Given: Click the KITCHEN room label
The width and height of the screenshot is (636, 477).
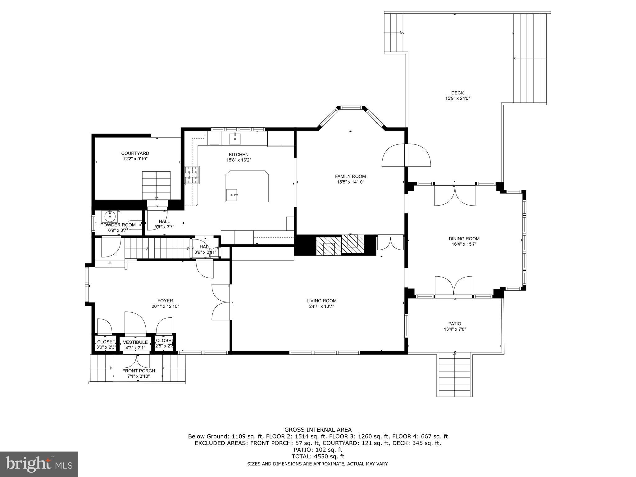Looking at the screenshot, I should point(238,154).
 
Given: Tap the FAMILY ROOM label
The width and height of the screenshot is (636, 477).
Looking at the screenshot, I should point(350,176).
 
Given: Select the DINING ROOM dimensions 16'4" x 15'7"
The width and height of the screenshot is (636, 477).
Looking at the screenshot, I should point(464,244).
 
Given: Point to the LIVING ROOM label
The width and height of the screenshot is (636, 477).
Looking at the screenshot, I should point(321,301).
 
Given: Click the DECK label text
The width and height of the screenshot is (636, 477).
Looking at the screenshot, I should point(457,93).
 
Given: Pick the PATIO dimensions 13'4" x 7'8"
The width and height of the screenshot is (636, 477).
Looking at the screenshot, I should point(455,329).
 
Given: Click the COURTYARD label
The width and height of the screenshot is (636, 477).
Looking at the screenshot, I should point(135,153).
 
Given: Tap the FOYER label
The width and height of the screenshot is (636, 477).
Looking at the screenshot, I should point(165,301).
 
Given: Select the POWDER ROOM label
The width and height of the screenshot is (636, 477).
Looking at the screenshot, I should point(118,225).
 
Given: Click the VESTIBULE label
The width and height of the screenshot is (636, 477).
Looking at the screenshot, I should point(135,342).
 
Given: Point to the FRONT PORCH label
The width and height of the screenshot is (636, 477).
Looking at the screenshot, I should point(139,371).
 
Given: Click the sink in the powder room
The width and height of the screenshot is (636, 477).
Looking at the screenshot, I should point(110,216).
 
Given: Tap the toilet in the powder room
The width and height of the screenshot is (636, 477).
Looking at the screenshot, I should point(133,225).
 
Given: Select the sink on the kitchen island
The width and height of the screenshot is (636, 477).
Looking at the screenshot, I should point(232,195).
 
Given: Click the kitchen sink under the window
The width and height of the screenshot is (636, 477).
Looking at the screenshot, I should point(235,139).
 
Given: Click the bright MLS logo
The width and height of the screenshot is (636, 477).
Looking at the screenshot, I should point(39,464).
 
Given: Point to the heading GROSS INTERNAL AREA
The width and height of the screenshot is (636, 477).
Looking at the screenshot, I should point(318,430).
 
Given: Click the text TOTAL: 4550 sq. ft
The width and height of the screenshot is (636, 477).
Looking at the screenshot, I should point(318,457).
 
